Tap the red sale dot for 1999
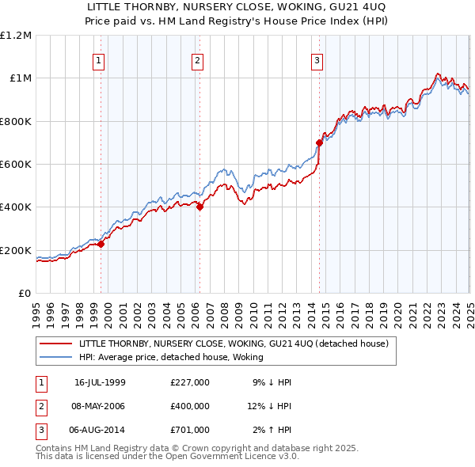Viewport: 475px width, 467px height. [101, 245]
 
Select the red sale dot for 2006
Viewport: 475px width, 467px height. [199, 207]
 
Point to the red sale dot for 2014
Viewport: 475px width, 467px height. [320, 142]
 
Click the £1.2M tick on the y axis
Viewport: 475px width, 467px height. [16, 36]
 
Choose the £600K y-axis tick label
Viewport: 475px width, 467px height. [16, 164]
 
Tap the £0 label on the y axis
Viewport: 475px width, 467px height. [24, 293]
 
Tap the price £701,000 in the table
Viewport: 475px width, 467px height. [190, 430]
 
